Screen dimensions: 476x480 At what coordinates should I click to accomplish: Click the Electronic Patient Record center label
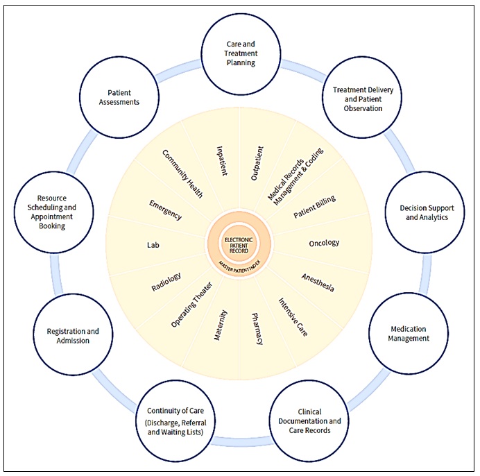(x=240, y=244)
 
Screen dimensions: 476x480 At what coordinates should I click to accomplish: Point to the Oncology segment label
(x=324, y=243)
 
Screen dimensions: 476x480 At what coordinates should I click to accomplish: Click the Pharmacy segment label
(x=256, y=328)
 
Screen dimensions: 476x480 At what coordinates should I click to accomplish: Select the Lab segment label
(x=153, y=245)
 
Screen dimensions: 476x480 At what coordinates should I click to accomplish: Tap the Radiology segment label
(x=166, y=282)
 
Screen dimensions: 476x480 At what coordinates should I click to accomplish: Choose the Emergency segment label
(x=165, y=210)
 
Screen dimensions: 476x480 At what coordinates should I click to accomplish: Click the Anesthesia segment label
(x=318, y=282)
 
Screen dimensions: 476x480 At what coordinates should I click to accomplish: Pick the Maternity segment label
(x=221, y=326)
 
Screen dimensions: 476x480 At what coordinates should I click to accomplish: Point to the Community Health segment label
(x=182, y=173)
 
